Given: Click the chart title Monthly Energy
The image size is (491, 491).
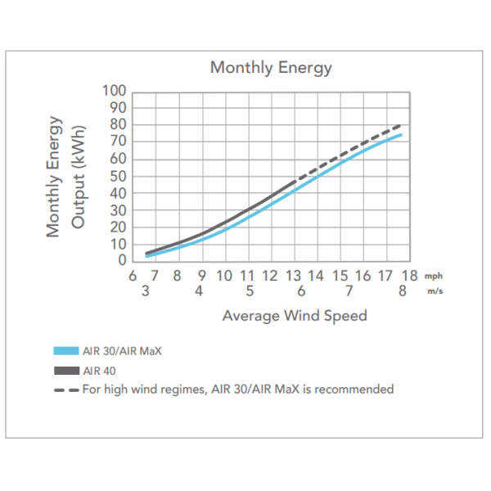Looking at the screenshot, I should (271, 68).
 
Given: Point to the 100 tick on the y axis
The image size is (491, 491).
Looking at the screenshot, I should (115, 90).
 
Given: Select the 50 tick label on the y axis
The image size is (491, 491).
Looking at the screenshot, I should (118, 176).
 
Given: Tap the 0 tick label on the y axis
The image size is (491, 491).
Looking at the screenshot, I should (122, 260).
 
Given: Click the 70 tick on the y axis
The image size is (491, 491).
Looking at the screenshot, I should (118, 142).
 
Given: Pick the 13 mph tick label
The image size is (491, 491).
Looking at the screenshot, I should (294, 277).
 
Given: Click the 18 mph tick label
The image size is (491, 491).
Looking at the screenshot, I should (409, 277).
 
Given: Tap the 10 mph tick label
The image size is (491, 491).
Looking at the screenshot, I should (224, 277).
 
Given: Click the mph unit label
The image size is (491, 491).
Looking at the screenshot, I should (433, 277).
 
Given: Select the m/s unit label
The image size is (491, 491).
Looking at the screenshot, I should (434, 293).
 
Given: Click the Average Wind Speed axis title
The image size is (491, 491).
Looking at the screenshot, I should (295, 316).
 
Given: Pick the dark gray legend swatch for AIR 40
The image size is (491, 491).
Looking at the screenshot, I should (64, 370).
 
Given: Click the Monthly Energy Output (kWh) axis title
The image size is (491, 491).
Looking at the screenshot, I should (66, 175).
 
